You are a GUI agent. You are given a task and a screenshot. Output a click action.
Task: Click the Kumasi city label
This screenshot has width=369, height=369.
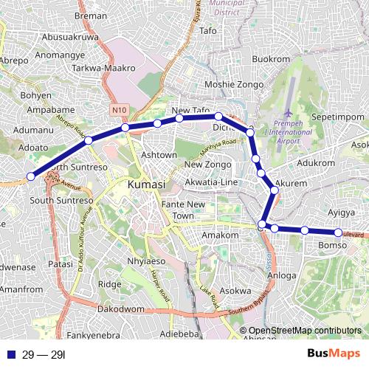[148, 184]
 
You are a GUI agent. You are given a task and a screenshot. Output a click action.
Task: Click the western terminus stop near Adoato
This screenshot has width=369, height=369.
[31, 176]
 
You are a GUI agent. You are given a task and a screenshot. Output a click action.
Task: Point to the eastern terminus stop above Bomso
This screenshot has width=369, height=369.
[339, 233]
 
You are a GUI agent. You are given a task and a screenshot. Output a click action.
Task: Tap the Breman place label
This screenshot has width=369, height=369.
[91, 15]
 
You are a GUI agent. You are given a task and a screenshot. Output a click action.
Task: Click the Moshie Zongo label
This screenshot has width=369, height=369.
[233, 85]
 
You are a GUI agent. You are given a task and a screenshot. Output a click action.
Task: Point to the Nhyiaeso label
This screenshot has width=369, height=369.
[147, 261]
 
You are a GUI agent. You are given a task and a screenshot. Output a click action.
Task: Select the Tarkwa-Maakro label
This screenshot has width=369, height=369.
[104, 68]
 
